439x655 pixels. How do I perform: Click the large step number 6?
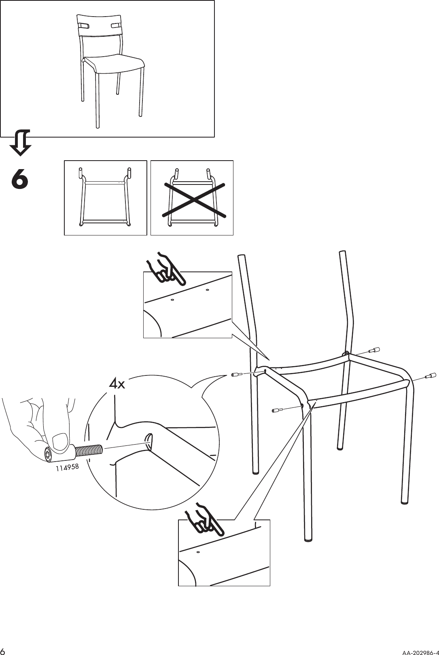coord(20,179)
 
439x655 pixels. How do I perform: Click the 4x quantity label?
coord(117,384)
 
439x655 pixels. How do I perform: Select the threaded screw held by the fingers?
coord(88,450)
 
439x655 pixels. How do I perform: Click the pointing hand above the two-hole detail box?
coord(166,268)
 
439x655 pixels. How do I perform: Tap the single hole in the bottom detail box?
coord(198,552)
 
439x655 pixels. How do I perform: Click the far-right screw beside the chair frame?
coord(430,377)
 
